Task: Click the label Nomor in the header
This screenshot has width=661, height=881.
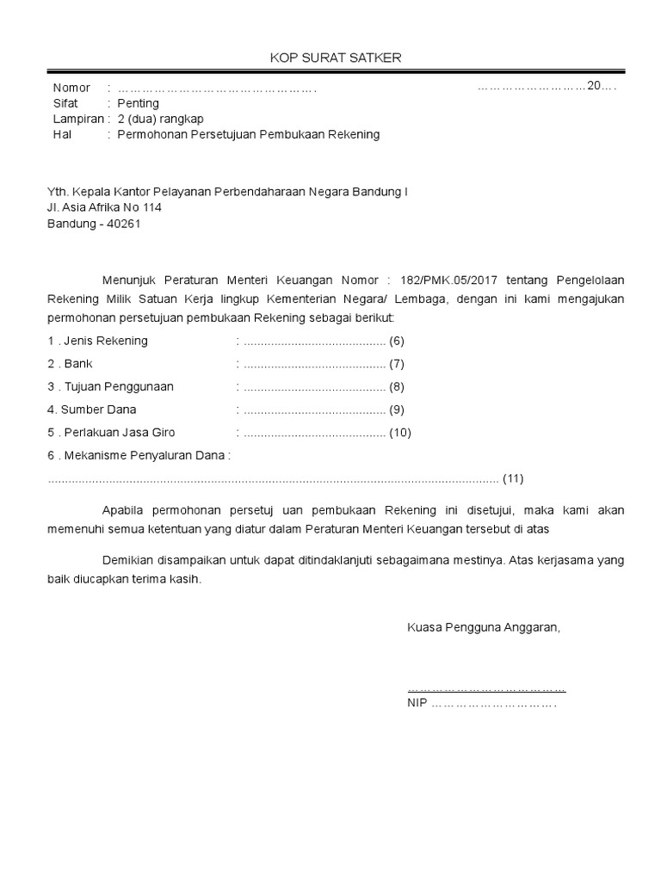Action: coord(71,88)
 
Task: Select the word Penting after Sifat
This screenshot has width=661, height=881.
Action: coord(138,103)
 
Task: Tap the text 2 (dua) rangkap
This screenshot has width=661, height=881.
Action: coord(161,119)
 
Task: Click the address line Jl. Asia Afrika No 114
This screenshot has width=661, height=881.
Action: coord(104,207)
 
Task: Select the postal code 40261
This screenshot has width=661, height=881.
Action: coord(124,224)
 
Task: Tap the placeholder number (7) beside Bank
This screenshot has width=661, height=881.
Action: coord(397,364)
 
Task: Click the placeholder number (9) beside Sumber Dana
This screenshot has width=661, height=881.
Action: coord(397,410)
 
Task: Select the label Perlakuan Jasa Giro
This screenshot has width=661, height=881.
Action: coord(118,433)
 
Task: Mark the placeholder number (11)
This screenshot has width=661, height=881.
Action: coord(513,478)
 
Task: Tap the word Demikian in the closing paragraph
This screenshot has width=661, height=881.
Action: coord(128,560)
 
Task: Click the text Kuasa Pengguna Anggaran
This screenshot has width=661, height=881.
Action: coord(484,627)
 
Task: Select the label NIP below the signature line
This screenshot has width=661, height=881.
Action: coord(417,702)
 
